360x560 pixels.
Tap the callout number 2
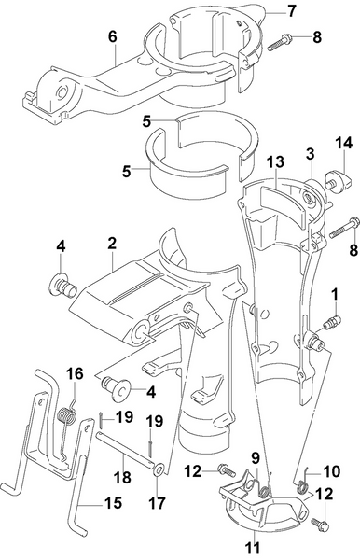tap(111, 242)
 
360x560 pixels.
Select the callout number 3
tap(310, 152)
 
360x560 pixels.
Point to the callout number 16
tap(74, 373)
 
